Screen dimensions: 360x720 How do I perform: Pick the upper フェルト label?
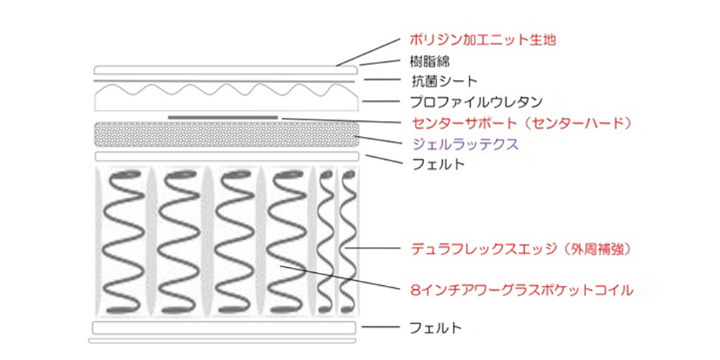tap(438, 163)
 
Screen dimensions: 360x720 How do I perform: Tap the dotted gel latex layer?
tap(226, 135)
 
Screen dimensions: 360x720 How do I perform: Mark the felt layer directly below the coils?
tap(225, 328)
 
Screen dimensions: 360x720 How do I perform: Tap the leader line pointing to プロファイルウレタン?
tap(382, 102)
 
